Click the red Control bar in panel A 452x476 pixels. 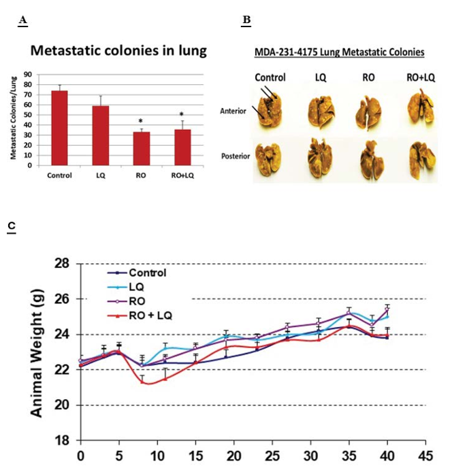(60, 128)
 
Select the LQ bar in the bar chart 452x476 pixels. (101, 135)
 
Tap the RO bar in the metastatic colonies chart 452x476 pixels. (142, 148)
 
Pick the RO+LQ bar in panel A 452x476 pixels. (182, 148)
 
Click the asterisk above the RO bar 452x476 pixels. (141, 122)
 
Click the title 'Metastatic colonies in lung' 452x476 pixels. (118, 50)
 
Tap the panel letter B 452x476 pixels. (246, 20)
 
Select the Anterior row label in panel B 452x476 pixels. (233, 111)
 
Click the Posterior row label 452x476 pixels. (236, 156)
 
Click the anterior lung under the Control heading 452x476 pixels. (270, 110)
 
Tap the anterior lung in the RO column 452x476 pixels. (368, 113)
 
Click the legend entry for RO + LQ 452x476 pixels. (140, 316)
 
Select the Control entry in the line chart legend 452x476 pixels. (137, 273)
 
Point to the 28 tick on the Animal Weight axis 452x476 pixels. (62, 264)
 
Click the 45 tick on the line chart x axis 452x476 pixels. (425, 456)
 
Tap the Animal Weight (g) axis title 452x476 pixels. (37, 353)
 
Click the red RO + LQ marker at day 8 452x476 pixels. (142, 382)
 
